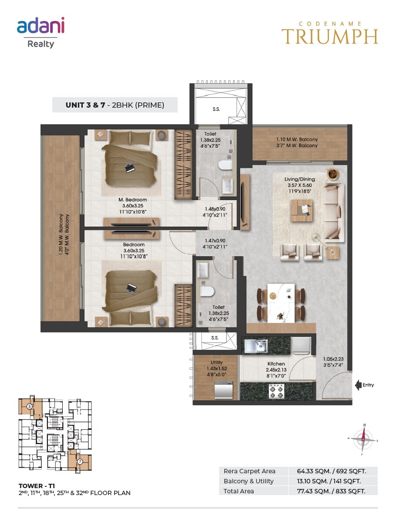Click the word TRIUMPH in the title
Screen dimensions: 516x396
pos(329,37)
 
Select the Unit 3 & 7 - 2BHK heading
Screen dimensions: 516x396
pos(115,105)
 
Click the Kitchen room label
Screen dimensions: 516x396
pos(276,363)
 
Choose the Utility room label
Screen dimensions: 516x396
pos(217,362)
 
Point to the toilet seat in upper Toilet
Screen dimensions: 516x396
pos(225,165)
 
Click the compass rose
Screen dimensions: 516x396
pos(363,440)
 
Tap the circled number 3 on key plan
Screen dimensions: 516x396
pos(28,406)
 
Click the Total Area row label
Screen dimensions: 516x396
pos(238,491)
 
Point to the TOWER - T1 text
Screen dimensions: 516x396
pos(37,485)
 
